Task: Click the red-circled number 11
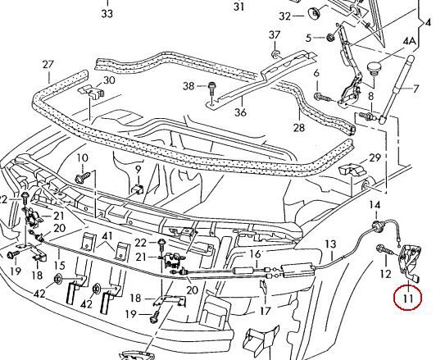point(407,298)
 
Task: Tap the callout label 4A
point(409,41)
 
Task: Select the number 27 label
point(48,65)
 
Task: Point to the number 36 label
point(240,112)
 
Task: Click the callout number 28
point(299,128)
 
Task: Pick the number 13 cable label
point(330,244)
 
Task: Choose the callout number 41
point(107,236)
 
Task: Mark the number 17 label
point(266,311)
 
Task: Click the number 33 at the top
point(107,13)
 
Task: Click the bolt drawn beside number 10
point(83,177)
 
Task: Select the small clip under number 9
point(138,189)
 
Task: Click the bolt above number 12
point(384,250)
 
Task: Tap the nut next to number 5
point(330,37)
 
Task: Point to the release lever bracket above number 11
point(410,261)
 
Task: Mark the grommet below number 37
point(275,53)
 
